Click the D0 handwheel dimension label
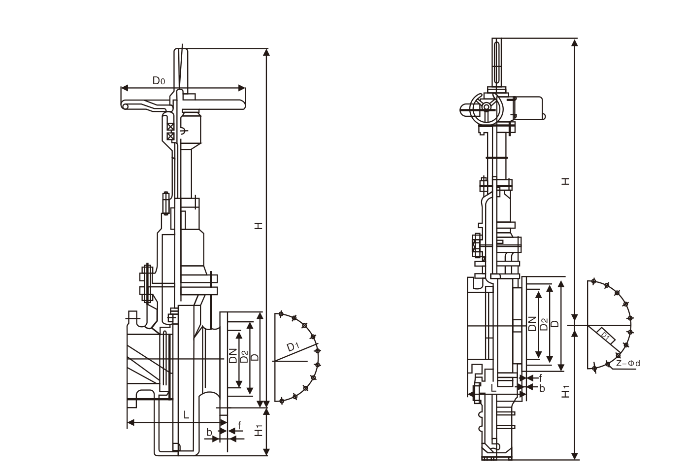pos(158,81)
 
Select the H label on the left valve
pos(259,226)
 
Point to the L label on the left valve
pos(186,415)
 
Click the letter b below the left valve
pos(209,433)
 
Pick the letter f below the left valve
pos(239,425)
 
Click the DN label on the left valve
pos(233,355)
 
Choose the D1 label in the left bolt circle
pos(294,346)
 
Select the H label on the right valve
pos(567,181)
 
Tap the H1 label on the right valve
pos(567,391)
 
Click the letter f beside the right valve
pos(541,378)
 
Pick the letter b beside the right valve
pos(542,388)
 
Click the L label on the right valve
pos(494,388)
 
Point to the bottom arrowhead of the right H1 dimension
pos(575,457)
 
